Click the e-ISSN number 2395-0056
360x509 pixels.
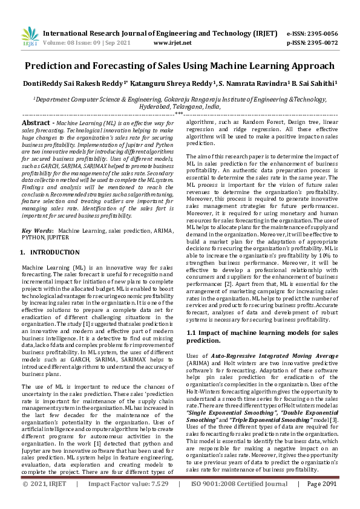point(321,33)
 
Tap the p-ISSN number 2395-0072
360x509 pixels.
point(321,43)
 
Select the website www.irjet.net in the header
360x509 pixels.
point(172,43)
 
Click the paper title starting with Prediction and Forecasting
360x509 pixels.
point(180,65)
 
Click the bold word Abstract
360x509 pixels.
point(35,122)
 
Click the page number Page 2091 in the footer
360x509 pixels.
point(322,501)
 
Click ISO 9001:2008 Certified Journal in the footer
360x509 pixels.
point(240,501)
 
